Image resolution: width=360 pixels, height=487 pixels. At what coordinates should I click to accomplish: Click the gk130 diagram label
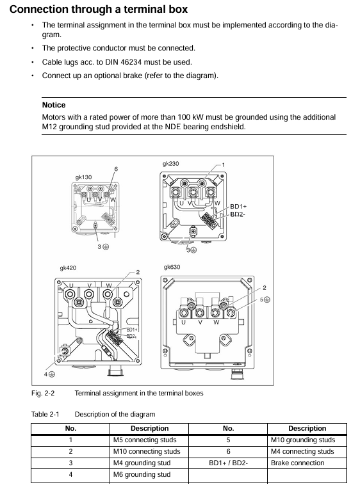(83, 177)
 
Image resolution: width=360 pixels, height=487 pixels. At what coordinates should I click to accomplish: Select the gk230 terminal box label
(170, 164)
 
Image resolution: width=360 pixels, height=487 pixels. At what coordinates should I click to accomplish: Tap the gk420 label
(68, 268)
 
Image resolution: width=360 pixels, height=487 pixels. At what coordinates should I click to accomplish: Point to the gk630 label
(172, 267)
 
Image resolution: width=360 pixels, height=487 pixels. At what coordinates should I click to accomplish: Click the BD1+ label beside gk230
(238, 207)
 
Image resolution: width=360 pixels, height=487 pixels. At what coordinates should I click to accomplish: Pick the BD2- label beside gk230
(238, 214)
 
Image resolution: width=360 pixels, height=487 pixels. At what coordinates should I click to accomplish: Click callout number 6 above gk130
(116, 169)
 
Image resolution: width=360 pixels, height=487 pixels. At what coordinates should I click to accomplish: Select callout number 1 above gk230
(223, 165)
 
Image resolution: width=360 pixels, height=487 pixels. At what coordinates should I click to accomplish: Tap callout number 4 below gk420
(45, 374)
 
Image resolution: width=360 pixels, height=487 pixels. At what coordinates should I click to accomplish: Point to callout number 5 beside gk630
(262, 299)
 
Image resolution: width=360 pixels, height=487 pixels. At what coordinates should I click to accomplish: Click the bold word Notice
(54, 105)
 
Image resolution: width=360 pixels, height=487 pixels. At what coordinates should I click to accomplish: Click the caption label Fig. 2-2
(43, 393)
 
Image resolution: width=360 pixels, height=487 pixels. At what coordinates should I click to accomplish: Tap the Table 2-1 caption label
(45, 414)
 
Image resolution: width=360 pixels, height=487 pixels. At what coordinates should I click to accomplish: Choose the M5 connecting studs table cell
(145, 440)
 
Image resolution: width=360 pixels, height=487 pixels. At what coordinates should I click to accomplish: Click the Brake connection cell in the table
(297, 463)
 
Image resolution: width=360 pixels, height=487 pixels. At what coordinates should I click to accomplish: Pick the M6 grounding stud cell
(142, 475)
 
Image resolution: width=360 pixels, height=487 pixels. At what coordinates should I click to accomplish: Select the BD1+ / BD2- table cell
(228, 463)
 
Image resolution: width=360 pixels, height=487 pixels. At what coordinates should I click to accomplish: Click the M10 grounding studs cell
(303, 440)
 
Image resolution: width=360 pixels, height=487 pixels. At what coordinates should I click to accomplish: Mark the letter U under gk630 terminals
(183, 323)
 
